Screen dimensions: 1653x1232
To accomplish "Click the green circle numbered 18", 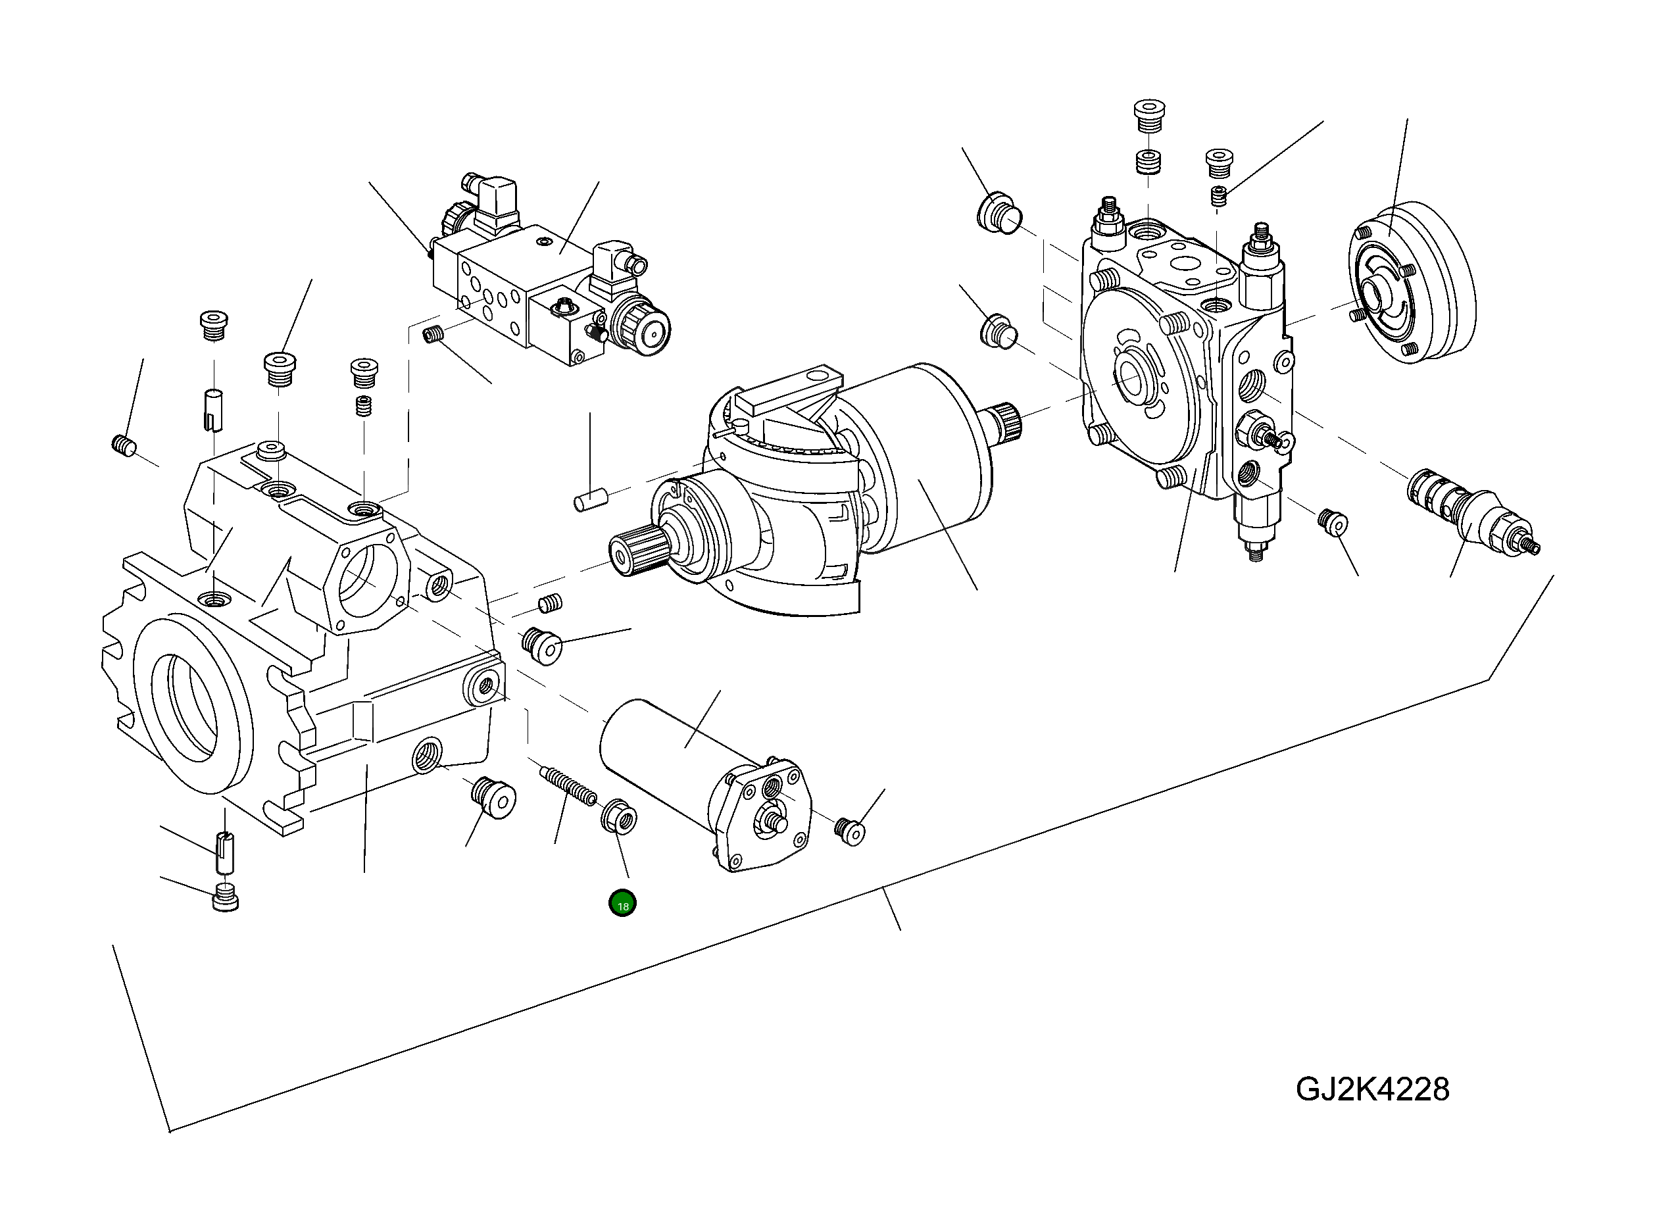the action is [x=622, y=904].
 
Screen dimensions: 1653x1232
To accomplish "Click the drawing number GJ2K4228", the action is [x=1373, y=1089].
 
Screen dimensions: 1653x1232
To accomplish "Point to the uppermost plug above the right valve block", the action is [x=1148, y=116].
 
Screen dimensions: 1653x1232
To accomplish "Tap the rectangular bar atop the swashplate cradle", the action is [x=788, y=389].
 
